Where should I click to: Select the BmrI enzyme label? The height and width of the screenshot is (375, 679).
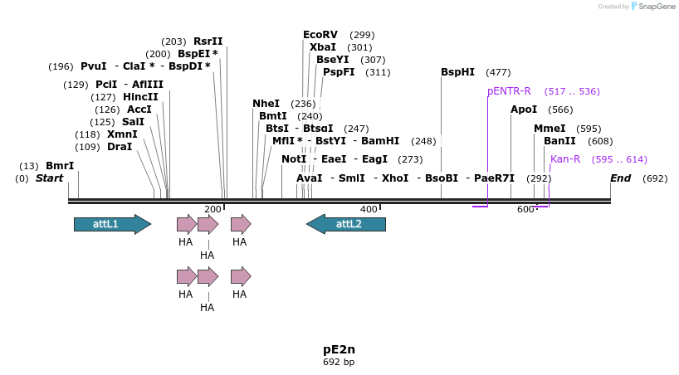(60, 166)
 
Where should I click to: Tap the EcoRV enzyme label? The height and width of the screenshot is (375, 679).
(320, 35)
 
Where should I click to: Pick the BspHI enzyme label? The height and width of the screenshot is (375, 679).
(457, 72)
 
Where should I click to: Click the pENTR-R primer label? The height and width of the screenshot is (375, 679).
(509, 91)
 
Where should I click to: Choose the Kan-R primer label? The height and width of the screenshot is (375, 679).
(565, 159)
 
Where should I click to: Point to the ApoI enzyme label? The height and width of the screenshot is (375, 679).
(524, 110)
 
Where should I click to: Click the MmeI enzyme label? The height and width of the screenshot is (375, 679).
(550, 129)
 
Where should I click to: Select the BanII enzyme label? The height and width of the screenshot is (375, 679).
(559, 141)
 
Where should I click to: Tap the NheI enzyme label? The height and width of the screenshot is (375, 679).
(266, 104)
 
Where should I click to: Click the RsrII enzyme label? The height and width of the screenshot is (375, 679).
(208, 41)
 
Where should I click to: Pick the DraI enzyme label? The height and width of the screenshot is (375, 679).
(120, 147)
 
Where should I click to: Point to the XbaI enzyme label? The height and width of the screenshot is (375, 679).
(323, 47)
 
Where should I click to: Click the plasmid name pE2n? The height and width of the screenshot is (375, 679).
(339, 349)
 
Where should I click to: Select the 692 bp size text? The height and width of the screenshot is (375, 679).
(339, 363)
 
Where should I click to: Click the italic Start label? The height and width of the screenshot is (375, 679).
(49, 178)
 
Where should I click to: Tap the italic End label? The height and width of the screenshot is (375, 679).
(620, 178)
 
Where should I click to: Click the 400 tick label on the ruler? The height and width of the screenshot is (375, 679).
(368, 209)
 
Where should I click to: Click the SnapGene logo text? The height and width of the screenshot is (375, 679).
(657, 7)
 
